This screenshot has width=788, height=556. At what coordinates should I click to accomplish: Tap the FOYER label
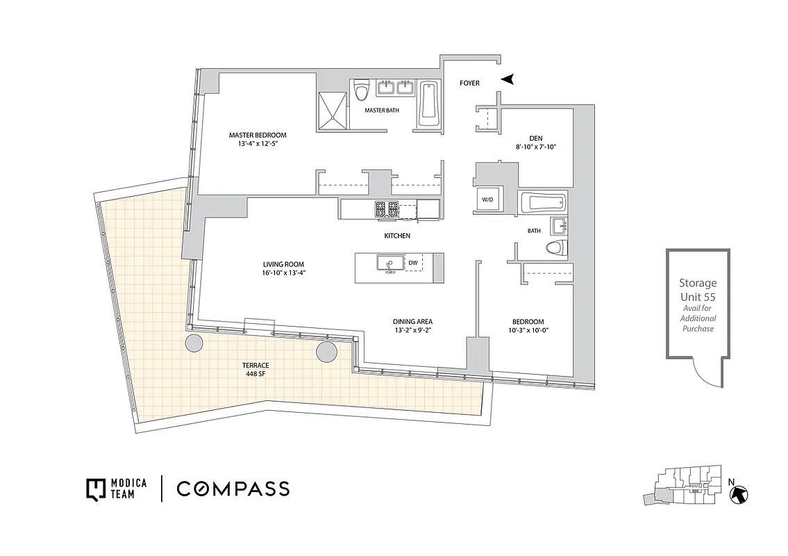pos(469,83)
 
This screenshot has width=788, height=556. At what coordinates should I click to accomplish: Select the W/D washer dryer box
pos(487,199)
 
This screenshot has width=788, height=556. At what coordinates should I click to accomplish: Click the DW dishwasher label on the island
pos(412,263)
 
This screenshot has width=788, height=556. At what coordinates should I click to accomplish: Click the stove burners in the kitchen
pos(387,208)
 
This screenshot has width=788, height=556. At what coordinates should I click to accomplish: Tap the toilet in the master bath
pos(360,90)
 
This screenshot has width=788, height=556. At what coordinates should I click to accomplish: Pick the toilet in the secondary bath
pos(558,247)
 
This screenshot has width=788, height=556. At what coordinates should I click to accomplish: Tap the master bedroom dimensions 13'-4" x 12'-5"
pos(258,145)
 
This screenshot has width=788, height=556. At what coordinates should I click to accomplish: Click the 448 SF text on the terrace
pos(256,374)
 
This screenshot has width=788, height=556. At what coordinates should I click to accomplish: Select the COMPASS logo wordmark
pos(233,489)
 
